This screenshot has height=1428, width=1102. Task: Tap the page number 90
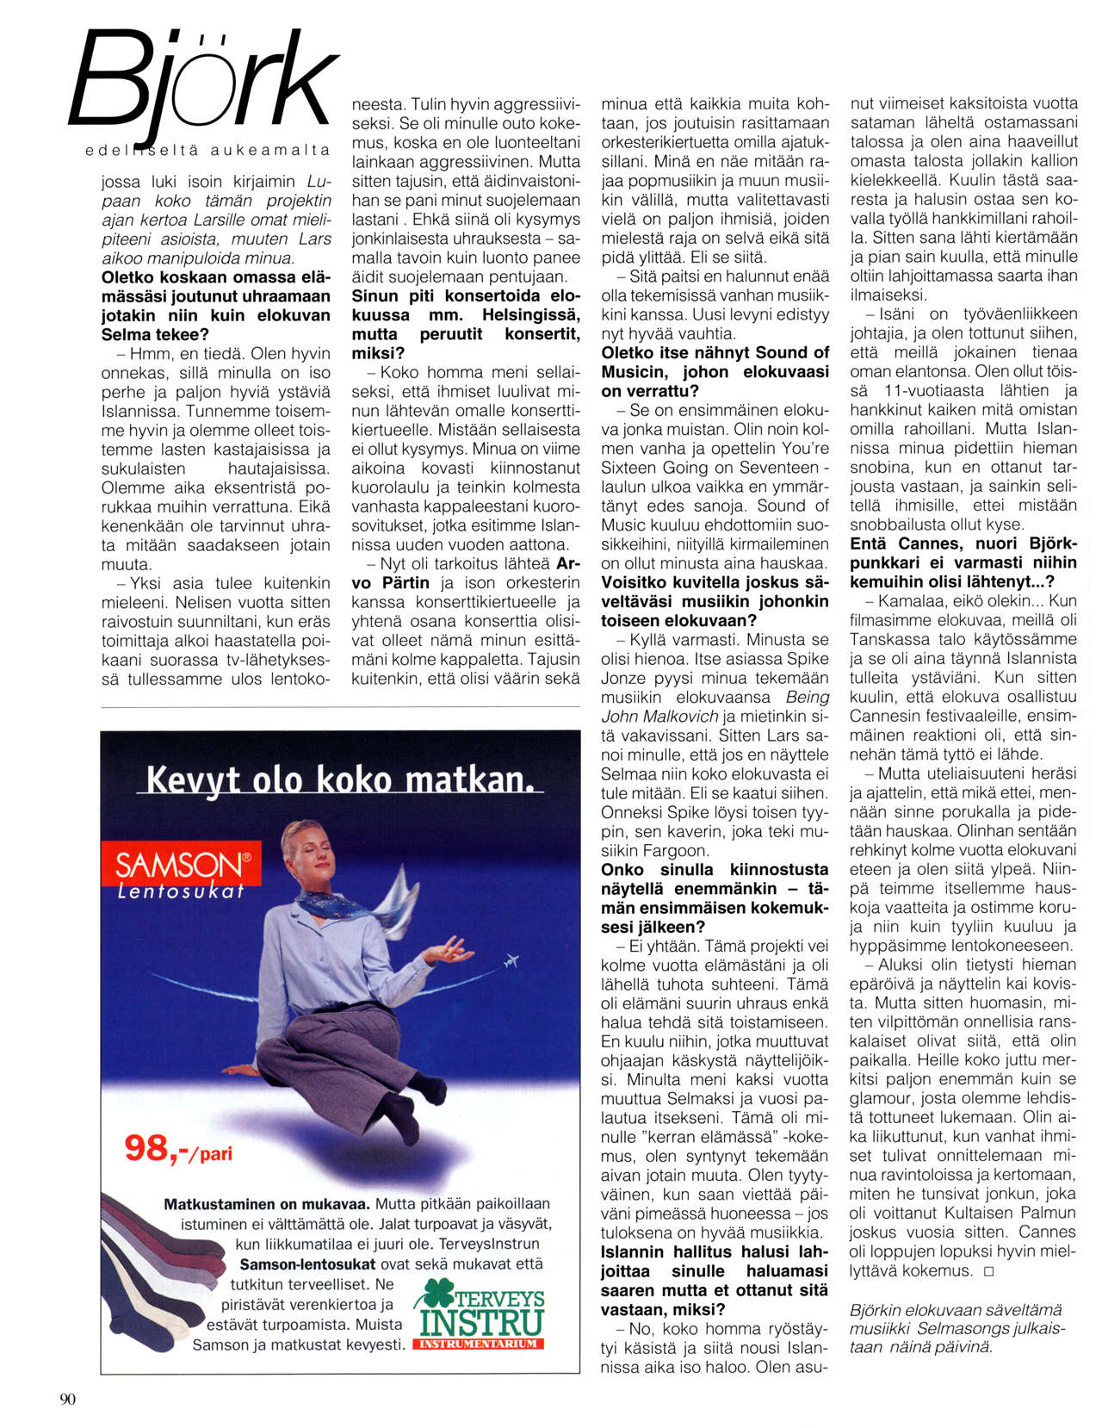[x=68, y=1399]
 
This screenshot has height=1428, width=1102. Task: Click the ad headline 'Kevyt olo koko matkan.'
[x=339, y=779]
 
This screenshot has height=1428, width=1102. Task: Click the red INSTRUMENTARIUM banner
[x=479, y=1344]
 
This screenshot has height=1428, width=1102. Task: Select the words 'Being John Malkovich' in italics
[x=715, y=706]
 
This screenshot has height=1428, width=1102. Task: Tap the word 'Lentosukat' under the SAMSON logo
[x=181, y=891]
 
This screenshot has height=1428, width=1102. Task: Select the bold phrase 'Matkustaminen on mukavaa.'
[x=267, y=1204]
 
